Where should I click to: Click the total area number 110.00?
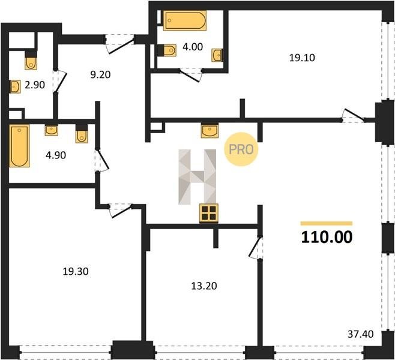coord(327,237)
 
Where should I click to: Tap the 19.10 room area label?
coord(302,58)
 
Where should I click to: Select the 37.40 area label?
coord(361,334)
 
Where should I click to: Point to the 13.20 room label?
coord(204,286)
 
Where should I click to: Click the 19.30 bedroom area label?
coord(76,271)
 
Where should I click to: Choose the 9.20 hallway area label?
coord(100,74)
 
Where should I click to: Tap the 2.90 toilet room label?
coord(35,85)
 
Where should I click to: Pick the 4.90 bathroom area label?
coord(56,155)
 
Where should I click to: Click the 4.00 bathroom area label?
coord(193,47)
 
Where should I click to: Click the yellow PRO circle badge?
coord(241,149)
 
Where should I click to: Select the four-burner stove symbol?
coord(209,213)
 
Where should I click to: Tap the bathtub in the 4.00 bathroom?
coord(185,20)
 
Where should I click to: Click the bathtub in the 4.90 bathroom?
coord(19,146)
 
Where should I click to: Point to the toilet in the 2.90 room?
coord(31,60)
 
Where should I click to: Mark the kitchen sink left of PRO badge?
coord(210,130)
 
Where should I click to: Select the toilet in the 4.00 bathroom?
coord(167,50)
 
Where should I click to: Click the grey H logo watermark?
coord(197,177)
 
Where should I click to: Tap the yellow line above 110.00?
coord(327,223)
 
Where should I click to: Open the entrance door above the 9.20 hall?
coord(119,43)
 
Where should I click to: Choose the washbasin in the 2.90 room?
coord(15,86)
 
